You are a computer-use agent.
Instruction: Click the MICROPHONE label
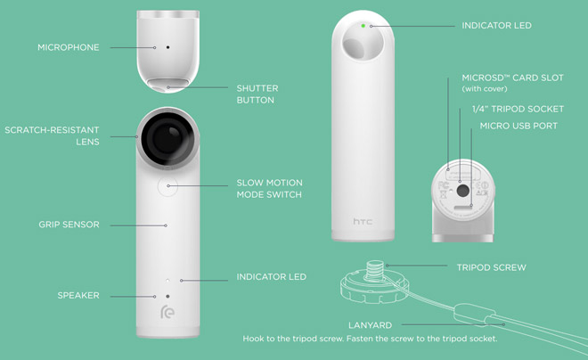tap(69, 47)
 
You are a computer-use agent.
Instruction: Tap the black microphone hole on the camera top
tap(167, 47)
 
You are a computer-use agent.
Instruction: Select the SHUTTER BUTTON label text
tap(257, 94)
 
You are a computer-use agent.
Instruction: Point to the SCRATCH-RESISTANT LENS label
tap(52, 135)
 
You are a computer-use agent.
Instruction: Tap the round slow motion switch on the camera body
tap(167, 186)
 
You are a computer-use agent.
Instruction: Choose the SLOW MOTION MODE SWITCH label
tap(269, 189)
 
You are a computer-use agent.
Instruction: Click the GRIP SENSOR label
tap(69, 225)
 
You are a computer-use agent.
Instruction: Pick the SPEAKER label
tap(78, 296)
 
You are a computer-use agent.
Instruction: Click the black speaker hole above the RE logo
tap(167, 296)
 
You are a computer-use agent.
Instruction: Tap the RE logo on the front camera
tap(167, 312)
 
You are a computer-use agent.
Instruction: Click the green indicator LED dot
tap(363, 26)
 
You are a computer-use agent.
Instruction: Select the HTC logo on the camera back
tap(363, 221)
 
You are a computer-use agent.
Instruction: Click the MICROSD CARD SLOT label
tap(512, 83)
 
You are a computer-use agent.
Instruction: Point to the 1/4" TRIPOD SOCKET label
tap(518, 109)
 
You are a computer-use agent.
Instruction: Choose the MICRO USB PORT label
tap(519, 126)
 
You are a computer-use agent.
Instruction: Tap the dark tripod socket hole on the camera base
tap(463, 191)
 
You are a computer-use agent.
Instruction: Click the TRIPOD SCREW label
tap(491, 267)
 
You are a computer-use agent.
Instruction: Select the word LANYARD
tap(370, 325)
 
